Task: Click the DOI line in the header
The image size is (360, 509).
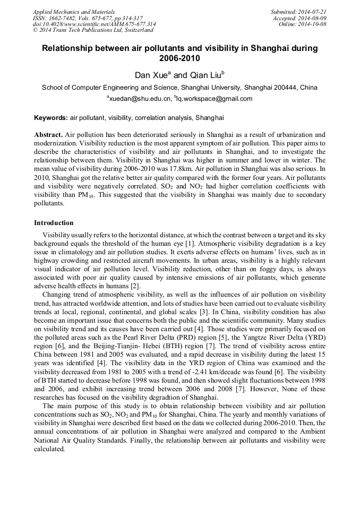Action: tap(94, 24)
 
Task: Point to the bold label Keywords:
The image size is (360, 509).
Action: tap(51, 118)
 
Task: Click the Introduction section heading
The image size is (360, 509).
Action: tap(54, 222)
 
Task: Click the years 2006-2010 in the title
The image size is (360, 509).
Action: tap(180, 58)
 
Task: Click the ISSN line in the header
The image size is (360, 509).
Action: tap(88, 18)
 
